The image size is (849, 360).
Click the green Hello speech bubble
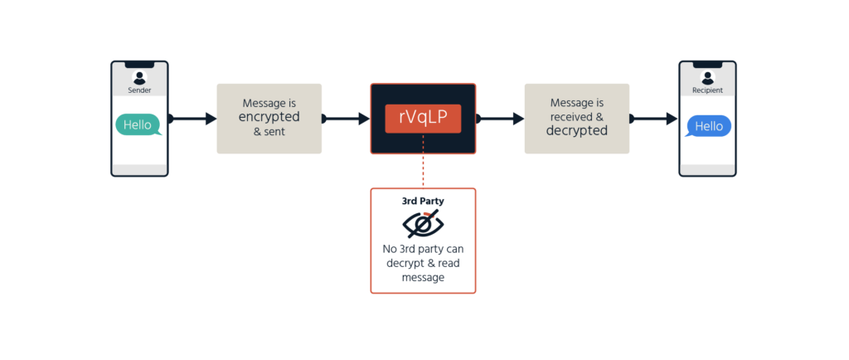[138, 124]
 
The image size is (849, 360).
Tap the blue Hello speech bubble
[708, 127]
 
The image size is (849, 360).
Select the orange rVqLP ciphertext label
[423, 119]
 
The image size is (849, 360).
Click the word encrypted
[269, 117]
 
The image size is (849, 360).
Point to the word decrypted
[577, 130]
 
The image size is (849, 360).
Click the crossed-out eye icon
[423, 224]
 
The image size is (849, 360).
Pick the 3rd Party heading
[423, 201]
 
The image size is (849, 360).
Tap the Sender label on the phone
[139, 90]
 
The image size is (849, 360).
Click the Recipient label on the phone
[708, 90]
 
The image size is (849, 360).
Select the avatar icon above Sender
[139, 77]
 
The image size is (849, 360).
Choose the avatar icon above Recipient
[708, 77]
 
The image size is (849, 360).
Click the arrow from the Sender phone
[192, 119]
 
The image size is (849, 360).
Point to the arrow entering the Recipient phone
[653, 119]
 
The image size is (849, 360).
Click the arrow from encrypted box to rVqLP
[346, 119]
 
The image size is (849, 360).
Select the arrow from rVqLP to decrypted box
[499, 119]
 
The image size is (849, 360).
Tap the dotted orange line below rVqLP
[423, 161]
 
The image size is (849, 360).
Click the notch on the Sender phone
[139, 65]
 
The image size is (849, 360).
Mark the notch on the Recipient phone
[708, 65]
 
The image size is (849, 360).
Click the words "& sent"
[269, 132]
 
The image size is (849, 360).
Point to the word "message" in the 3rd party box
[423, 277]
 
